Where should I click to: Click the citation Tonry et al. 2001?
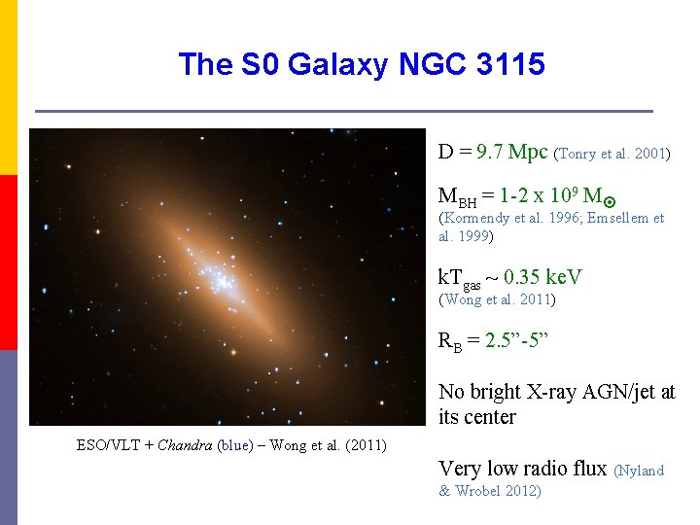[612, 154]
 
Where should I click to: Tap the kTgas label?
[460, 279]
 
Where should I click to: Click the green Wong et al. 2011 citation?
[497, 299]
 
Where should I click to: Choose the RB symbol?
[449, 342]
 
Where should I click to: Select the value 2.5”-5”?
[518, 341]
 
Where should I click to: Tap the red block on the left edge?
[9, 262]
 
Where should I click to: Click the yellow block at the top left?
[9, 87]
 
